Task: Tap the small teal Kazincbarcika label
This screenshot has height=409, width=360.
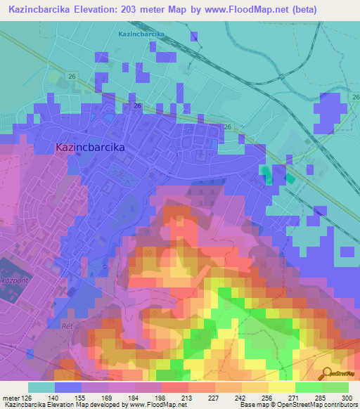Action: [x=141, y=34]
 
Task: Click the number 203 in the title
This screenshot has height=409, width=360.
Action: [x=129, y=10]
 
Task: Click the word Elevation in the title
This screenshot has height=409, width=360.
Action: [x=96, y=10]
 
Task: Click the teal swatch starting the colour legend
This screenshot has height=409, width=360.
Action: [x=41, y=387]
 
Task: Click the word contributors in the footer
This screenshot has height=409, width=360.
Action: [x=338, y=405]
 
